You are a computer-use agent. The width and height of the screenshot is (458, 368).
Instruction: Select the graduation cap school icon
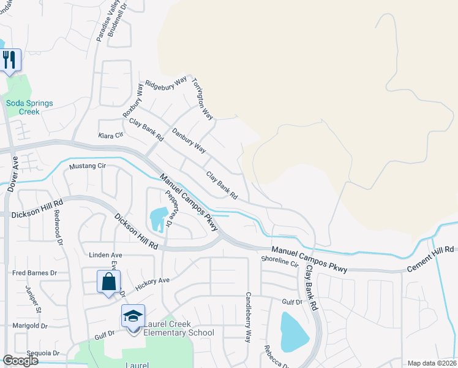click(133, 316)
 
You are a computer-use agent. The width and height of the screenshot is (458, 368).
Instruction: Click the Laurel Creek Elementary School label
click(179, 329)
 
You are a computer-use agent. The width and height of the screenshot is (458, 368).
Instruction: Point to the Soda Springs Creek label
click(29, 107)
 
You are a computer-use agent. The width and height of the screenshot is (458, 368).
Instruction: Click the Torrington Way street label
click(203, 99)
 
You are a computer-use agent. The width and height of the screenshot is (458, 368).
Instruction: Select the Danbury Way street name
click(189, 140)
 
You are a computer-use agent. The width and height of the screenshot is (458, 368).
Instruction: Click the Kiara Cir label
click(110, 135)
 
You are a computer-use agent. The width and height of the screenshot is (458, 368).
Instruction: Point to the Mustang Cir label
click(88, 166)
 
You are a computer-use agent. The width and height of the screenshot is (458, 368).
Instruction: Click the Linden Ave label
click(105, 255)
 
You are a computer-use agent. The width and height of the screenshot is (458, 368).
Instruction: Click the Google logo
click(20, 361)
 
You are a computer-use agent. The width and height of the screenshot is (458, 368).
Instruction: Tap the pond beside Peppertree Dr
click(157, 218)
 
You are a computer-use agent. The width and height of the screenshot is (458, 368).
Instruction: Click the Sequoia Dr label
click(39, 353)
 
